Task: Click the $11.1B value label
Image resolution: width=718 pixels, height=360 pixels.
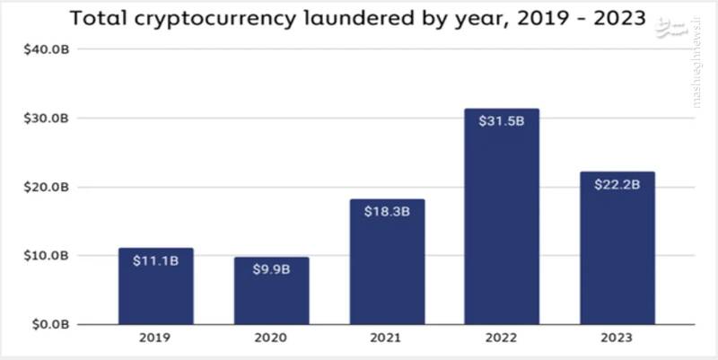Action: coord(155,263)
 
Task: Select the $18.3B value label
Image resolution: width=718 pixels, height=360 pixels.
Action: coord(387,213)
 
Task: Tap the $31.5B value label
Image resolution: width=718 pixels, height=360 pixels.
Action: coord(502,123)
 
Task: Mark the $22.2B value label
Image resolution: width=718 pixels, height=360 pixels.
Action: coord(617,186)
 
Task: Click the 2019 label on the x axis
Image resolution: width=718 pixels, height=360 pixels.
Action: coord(155,338)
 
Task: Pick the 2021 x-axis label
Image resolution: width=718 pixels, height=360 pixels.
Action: coord(387,338)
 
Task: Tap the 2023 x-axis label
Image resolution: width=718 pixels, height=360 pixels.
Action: coord(617,338)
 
